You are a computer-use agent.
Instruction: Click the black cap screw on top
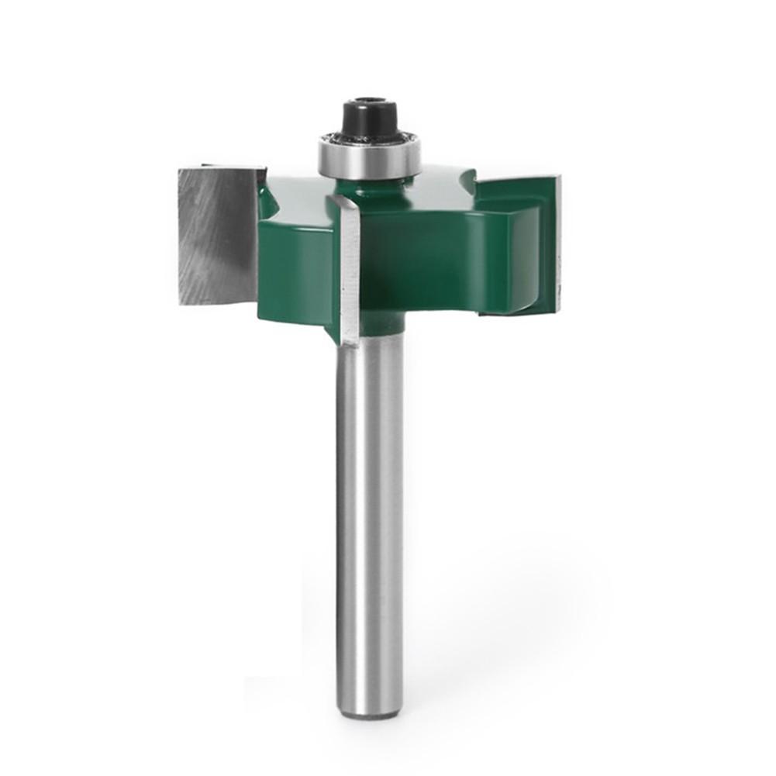(368, 118)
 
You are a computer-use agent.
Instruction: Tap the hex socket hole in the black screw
(368, 102)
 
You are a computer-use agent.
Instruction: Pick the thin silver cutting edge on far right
(557, 244)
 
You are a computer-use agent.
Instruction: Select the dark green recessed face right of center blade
(419, 267)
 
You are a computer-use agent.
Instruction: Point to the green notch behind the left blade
(267, 198)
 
